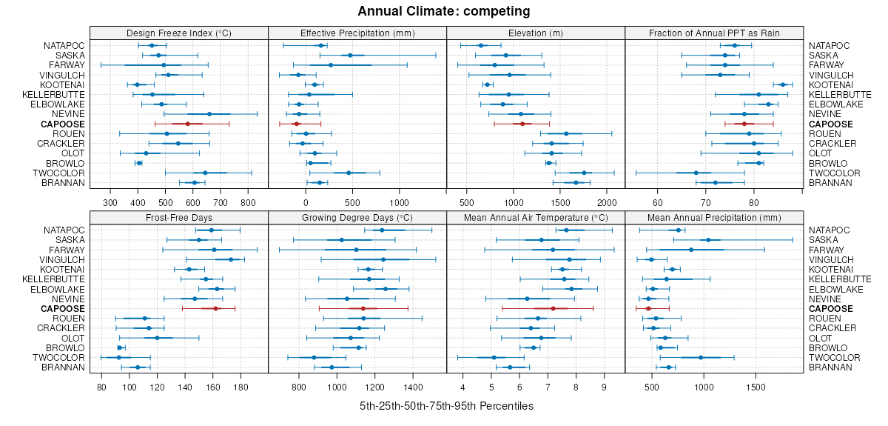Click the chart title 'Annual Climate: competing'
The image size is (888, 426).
click(443, 11)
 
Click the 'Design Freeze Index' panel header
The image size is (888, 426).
click(178, 33)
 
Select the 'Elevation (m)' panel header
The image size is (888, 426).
click(536, 33)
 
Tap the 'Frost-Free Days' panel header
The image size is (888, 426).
click(178, 218)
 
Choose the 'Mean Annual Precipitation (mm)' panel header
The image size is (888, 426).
click(714, 218)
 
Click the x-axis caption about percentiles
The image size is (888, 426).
click(446, 406)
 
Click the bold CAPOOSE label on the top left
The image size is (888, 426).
click(64, 124)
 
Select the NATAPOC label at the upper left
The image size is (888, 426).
click(63, 45)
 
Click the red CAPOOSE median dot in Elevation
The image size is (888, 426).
click(522, 124)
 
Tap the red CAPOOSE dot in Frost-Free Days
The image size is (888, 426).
click(215, 308)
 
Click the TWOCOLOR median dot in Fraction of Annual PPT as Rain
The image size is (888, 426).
click(696, 173)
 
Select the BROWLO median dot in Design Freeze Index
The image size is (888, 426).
click(139, 163)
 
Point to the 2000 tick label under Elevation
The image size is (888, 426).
click(606, 202)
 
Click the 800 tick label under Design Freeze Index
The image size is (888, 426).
click(248, 202)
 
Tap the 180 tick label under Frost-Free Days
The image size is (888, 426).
click(240, 387)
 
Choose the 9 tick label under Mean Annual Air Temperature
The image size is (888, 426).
click(604, 387)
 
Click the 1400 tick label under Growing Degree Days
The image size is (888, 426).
click(413, 387)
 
